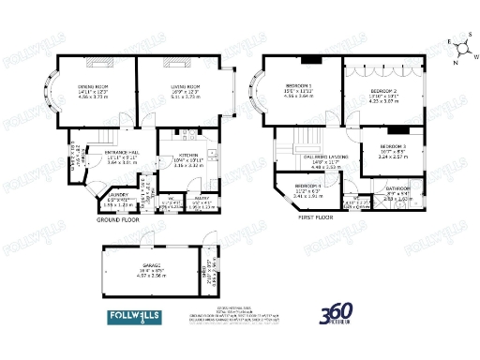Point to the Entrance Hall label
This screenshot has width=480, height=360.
pos(123,151)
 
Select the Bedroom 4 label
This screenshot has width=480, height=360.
pos(308,187)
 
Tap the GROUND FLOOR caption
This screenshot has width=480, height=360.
pos(118,219)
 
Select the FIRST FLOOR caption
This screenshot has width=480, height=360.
pos(316,217)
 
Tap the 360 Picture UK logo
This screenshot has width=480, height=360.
pos(337,314)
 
